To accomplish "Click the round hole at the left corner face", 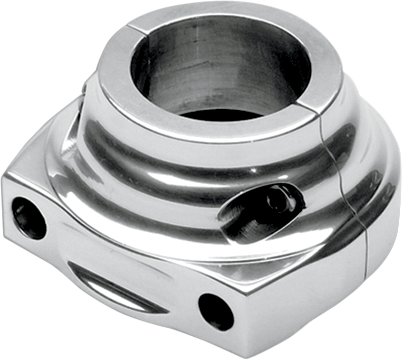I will (29, 218).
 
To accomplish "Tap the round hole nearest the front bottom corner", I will (216, 312).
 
